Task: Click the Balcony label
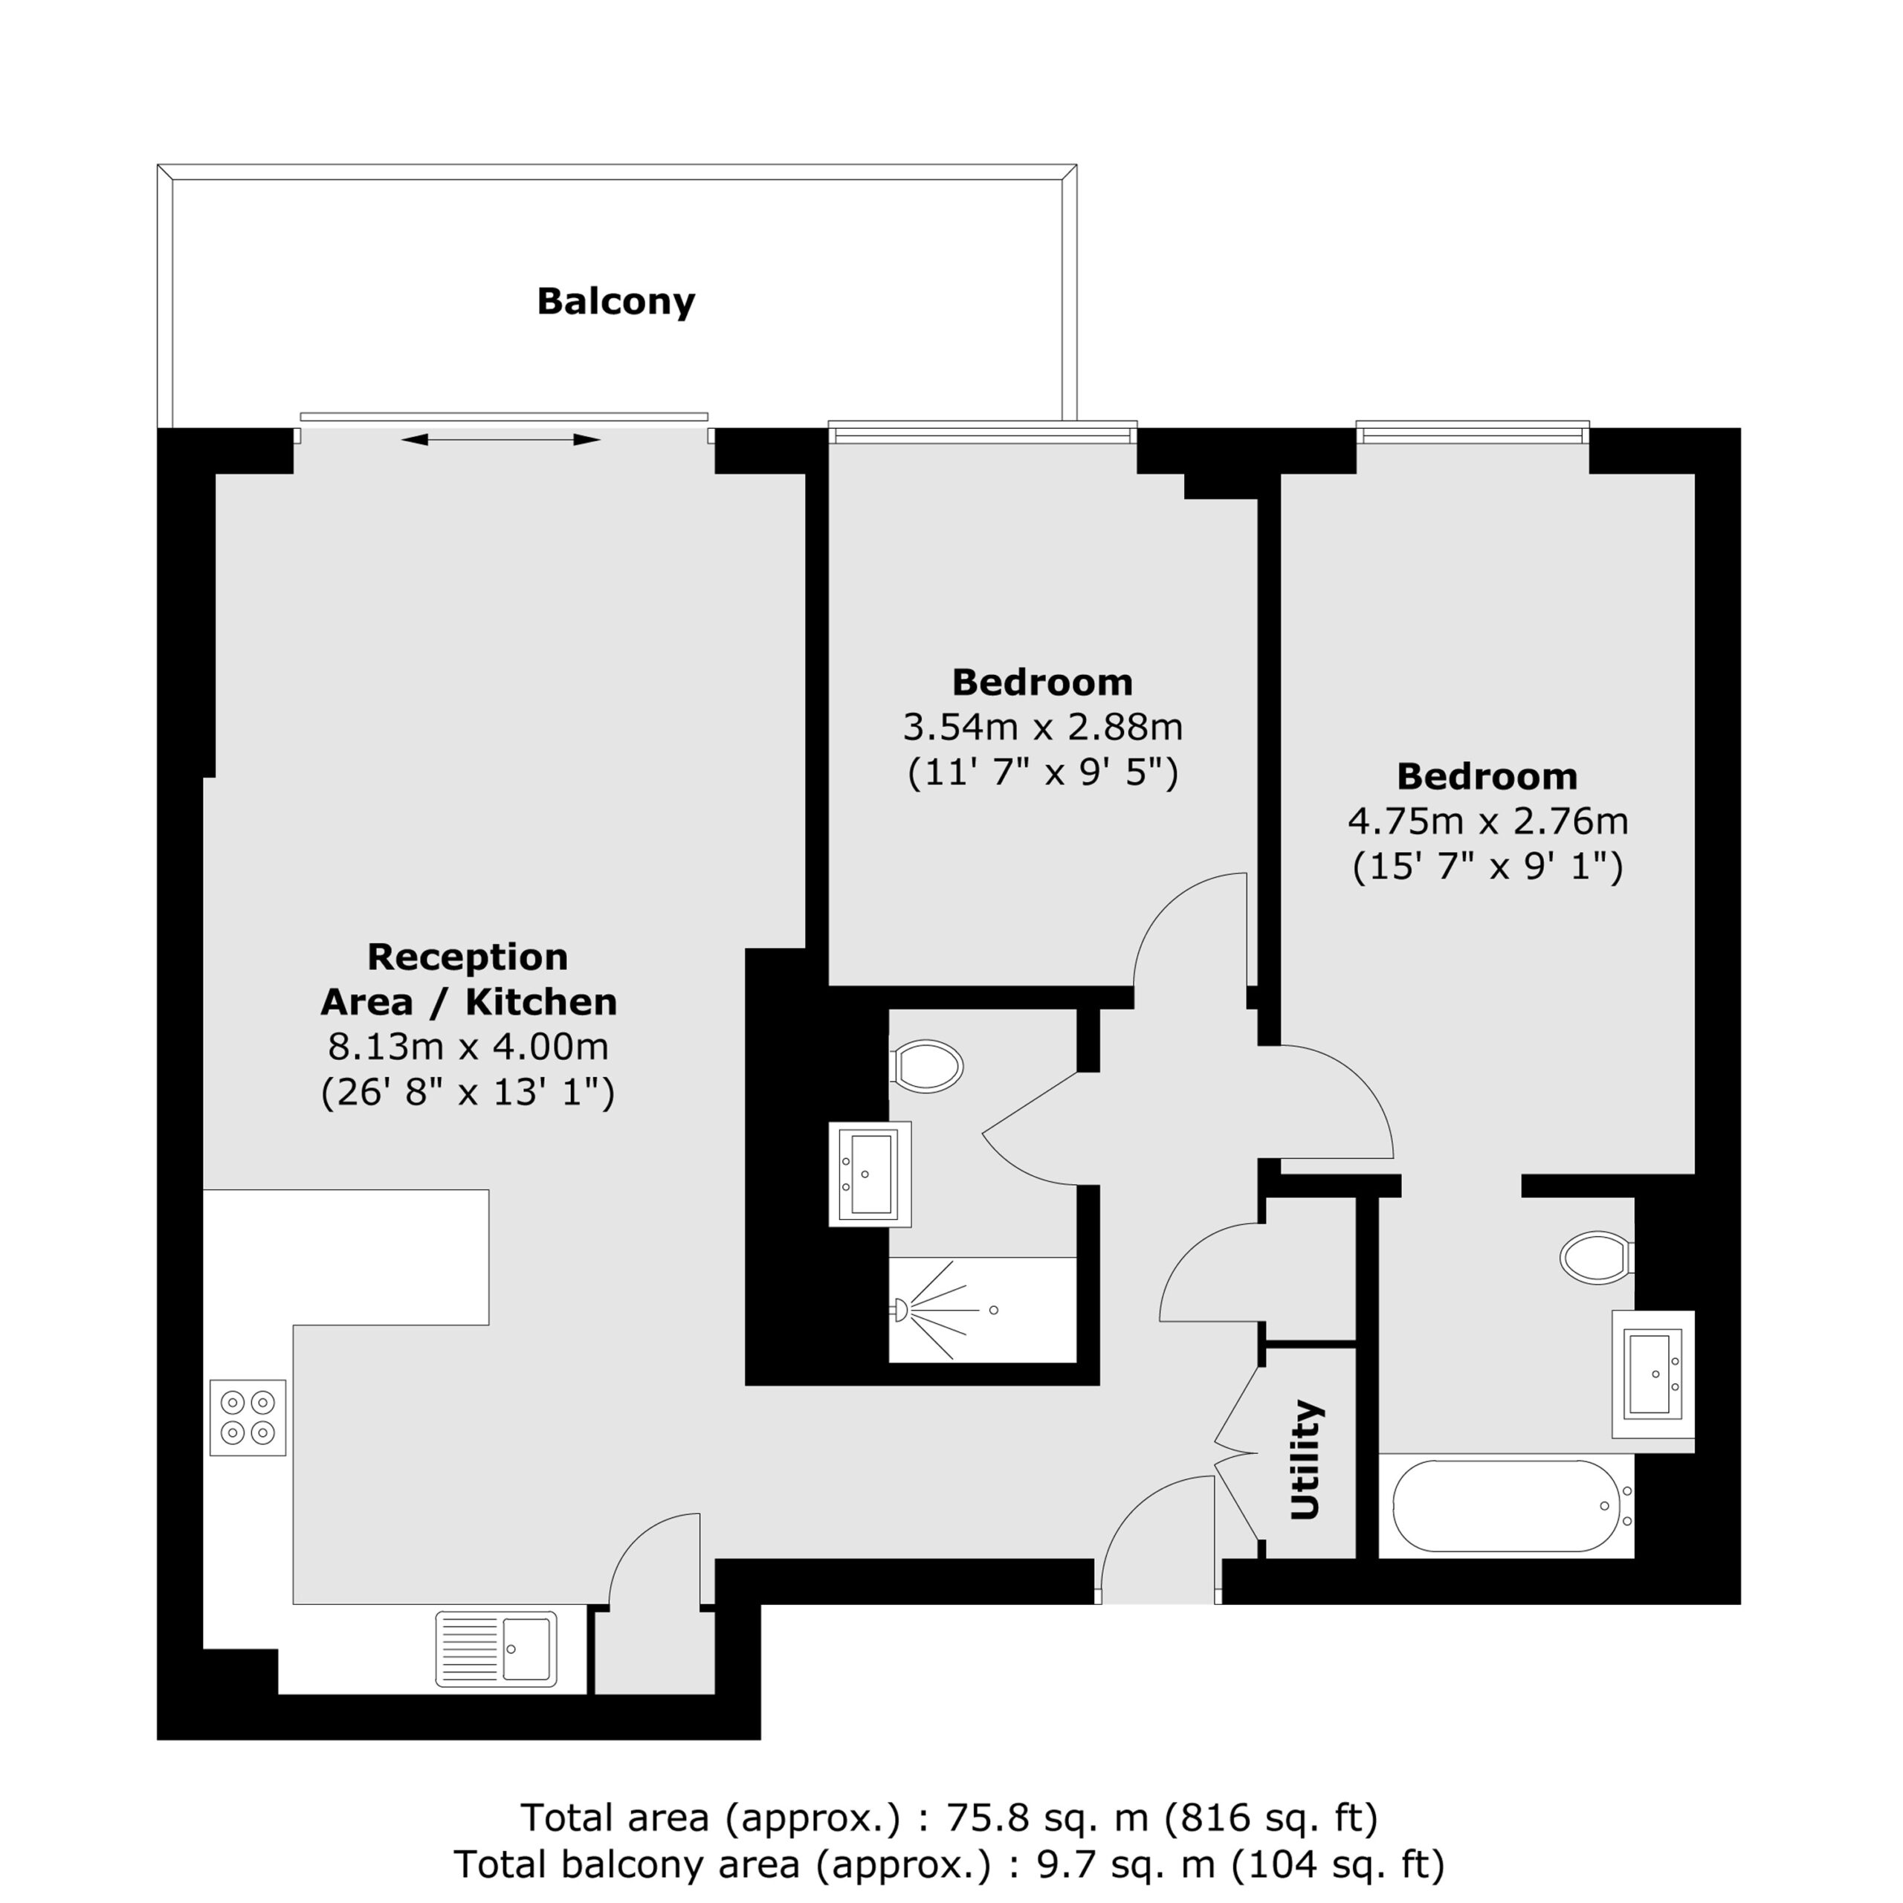point(616,301)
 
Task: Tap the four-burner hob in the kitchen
point(248,1418)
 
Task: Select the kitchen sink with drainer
point(497,1649)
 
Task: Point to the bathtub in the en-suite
point(1506,1506)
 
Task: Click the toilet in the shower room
point(926,1066)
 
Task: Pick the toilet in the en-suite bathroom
point(1597,1258)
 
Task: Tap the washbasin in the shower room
point(870,1174)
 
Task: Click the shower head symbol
point(899,1310)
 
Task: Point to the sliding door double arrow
point(500,439)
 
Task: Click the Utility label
point(1305,1460)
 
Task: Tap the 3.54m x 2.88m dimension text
point(1042,728)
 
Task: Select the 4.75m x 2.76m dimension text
point(1487,821)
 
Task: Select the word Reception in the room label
point(468,957)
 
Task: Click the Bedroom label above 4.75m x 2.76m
point(1487,776)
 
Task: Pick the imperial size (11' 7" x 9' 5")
point(1042,773)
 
